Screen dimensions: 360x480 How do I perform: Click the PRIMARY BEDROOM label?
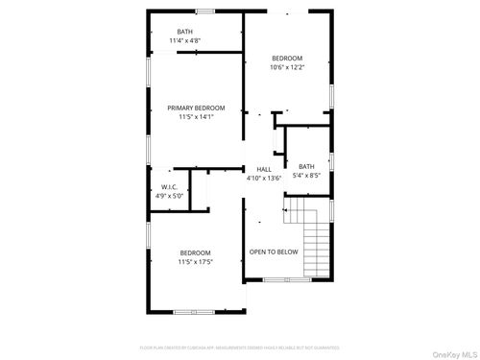[196, 108]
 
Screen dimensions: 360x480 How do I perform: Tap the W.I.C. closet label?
[169, 187]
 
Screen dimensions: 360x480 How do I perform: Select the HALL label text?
[263, 169]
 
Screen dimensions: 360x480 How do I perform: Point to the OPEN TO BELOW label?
[274, 252]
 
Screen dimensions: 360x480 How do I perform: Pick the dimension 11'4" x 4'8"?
[184, 40]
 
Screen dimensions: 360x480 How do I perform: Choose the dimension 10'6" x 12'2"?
[286, 67]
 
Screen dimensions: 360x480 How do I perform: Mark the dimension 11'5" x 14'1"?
[196, 117]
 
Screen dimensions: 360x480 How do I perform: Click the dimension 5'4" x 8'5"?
[306, 175]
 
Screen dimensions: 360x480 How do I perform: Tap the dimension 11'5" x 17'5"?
[195, 261]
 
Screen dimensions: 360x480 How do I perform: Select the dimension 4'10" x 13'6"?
[263, 178]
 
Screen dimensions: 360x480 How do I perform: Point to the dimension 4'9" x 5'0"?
[169, 196]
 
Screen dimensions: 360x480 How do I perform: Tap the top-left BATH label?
[184, 32]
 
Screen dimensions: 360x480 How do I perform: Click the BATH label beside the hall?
[306, 166]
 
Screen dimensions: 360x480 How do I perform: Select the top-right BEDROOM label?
[286, 59]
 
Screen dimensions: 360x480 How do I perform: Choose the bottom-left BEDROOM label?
[195, 252]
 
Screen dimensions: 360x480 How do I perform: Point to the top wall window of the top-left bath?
[204, 12]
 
